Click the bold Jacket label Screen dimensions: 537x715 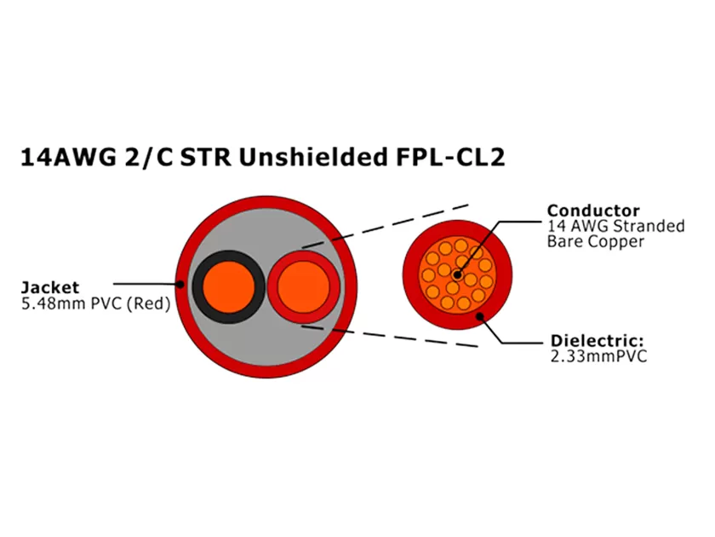(x=50, y=287)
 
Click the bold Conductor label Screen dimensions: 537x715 (x=593, y=211)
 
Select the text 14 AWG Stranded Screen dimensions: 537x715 (x=615, y=226)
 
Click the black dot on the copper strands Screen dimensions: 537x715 (x=458, y=274)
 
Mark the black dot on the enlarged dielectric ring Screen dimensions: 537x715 (x=481, y=317)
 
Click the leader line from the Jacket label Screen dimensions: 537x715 (x=145, y=283)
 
